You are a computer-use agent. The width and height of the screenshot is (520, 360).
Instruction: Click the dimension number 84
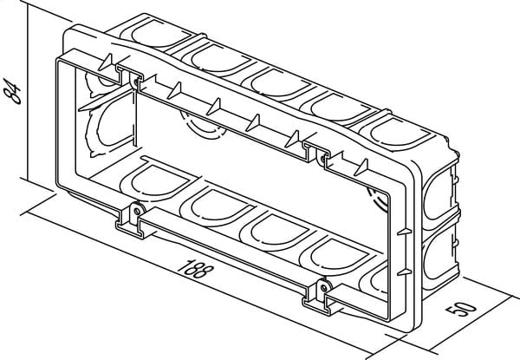[x=11, y=91]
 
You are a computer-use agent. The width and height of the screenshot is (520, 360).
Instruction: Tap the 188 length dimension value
[x=194, y=268]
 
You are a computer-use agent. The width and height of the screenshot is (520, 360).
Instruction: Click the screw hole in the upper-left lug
[x=135, y=82]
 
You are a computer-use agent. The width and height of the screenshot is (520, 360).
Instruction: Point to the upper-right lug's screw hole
[x=322, y=159]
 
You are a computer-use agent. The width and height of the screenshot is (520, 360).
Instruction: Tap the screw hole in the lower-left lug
[x=136, y=210]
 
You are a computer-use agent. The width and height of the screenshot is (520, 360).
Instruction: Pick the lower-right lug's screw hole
[x=323, y=287]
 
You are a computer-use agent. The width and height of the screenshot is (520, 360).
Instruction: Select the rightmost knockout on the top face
[x=400, y=133]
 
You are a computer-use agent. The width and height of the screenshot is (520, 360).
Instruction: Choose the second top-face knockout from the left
[x=220, y=58]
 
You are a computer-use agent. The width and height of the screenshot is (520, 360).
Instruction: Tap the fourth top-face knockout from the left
[x=340, y=108]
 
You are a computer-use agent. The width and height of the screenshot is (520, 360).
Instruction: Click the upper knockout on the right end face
[x=439, y=195]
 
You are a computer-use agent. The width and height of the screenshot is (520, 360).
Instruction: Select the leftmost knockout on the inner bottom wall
[x=159, y=180]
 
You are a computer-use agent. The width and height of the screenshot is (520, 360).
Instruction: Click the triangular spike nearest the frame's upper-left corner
[x=107, y=62]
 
